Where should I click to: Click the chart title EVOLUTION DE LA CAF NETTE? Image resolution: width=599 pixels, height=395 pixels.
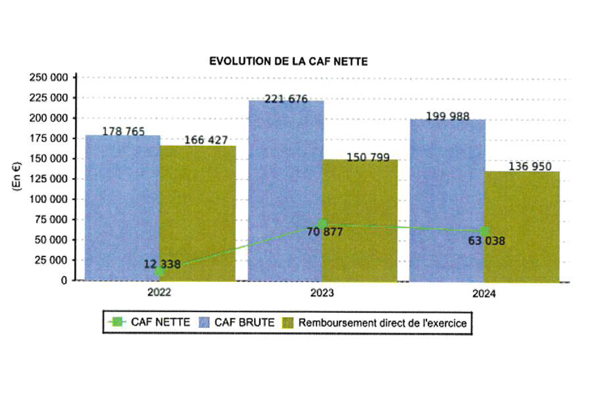(288, 62)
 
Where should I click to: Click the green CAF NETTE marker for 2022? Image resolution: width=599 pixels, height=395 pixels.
(160, 271)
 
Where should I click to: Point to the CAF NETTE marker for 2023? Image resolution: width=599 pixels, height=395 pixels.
(323, 223)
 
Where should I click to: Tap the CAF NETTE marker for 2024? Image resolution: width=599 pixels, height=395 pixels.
(485, 230)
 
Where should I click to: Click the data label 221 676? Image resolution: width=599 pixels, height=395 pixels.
(286, 99)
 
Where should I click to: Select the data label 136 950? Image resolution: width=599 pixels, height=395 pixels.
(530, 166)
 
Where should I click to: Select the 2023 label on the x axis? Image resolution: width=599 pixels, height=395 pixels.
(322, 293)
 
